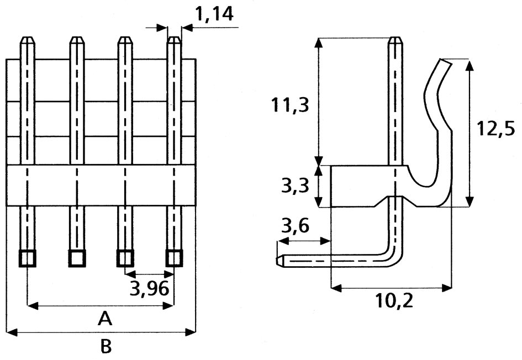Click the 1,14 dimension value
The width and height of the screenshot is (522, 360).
coord(214,15)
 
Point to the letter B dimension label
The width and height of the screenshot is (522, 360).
coord(106,347)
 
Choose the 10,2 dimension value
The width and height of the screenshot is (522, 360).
coord(394,301)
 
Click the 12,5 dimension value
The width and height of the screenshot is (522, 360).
coord(495,129)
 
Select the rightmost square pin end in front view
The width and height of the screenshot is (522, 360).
coord(175,258)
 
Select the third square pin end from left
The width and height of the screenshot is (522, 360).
coord(125,258)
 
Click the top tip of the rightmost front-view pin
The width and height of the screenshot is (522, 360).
coord(175,39)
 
